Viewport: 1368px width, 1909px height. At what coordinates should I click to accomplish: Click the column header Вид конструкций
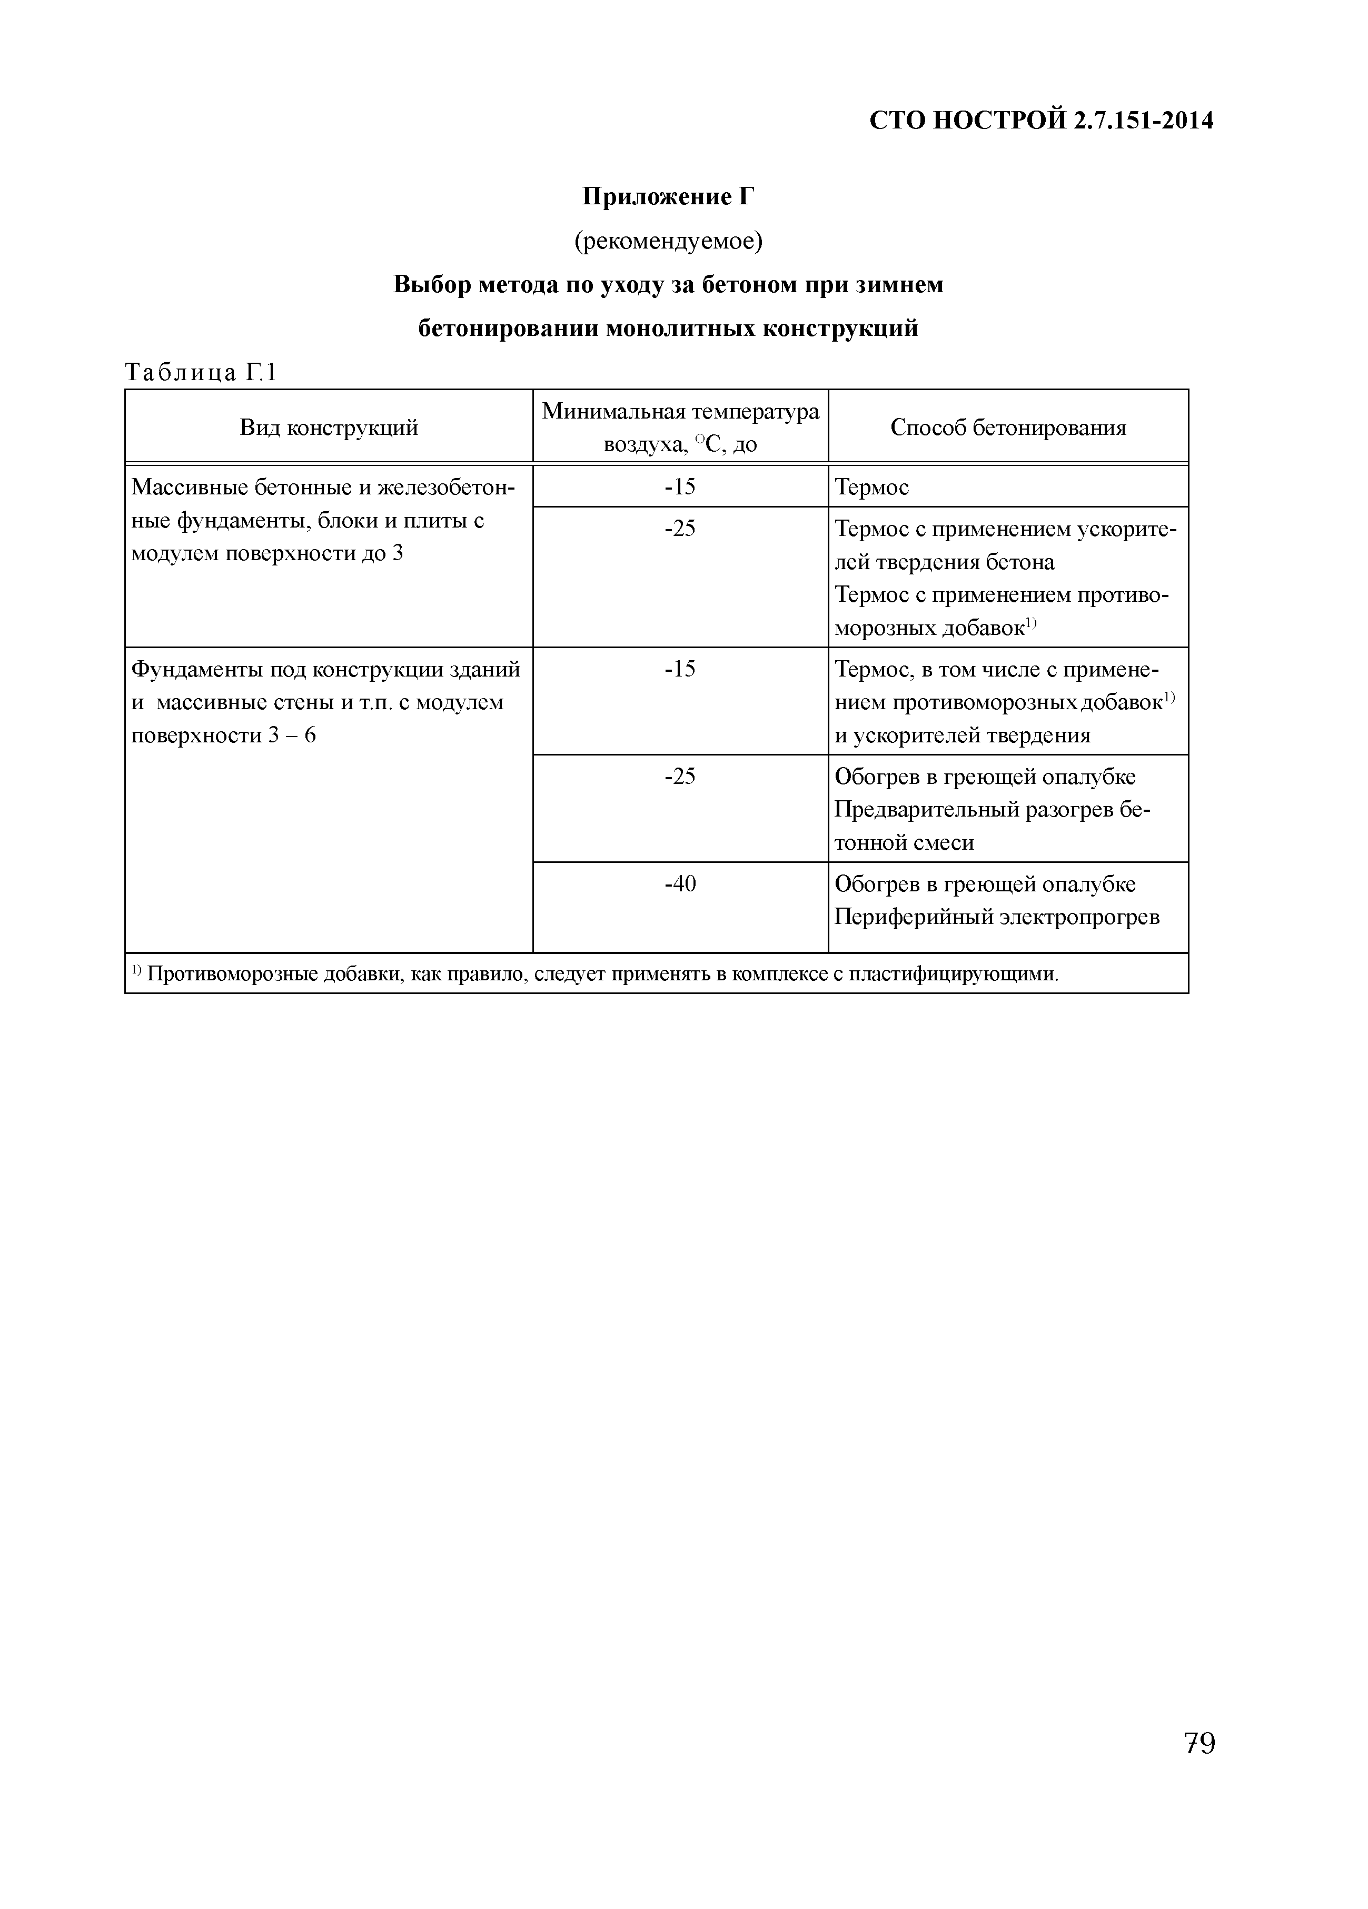[329, 427]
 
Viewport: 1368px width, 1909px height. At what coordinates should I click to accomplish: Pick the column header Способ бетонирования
[1008, 427]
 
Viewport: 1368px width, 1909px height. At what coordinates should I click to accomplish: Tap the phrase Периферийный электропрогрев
[997, 917]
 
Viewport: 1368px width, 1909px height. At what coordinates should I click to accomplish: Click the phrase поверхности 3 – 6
[223, 735]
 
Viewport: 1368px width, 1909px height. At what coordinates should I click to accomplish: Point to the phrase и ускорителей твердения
[961, 735]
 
